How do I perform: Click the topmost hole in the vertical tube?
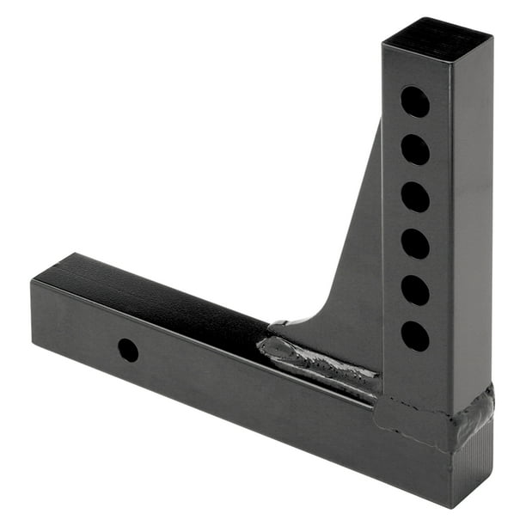(414, 102)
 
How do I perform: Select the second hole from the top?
(414, 150)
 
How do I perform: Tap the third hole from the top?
(414, 197)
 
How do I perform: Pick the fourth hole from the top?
(414, 243)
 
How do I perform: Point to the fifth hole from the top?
(414, 290)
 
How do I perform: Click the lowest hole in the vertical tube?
(414, 335)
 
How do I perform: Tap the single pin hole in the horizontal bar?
(128, 350)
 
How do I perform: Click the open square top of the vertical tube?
(437, 36)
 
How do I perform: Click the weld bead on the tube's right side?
(478, 413)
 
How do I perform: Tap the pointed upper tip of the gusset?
(378, 125)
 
